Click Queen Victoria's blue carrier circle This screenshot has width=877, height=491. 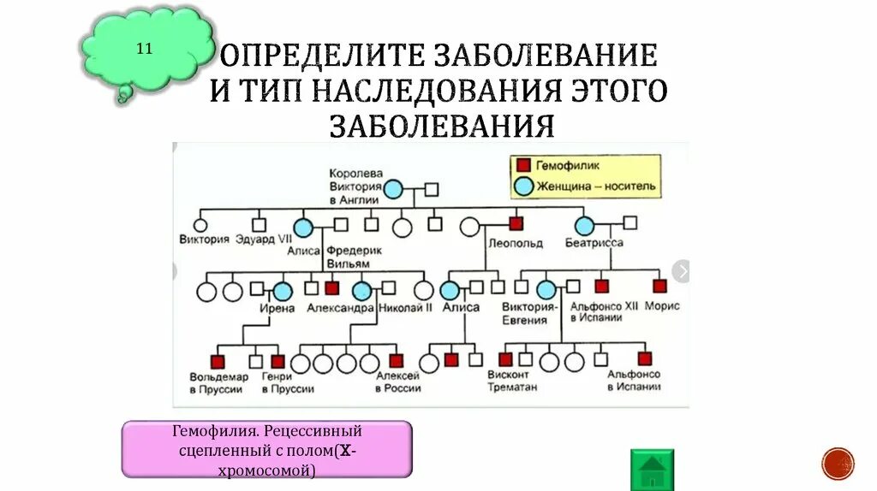(393, 189)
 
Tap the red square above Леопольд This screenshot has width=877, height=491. (516, 223)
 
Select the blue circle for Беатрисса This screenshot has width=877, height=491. (584, 226)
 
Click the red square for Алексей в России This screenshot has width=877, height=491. (396, 360)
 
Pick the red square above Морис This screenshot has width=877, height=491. (659, 287)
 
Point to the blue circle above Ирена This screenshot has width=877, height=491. (282, 291)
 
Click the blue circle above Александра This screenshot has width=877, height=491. (362, 291)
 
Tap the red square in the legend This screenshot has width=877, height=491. (522, 164)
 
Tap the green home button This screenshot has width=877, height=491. (653, 470)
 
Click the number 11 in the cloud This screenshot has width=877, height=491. (144, 48)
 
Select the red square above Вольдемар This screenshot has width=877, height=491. (218, 361)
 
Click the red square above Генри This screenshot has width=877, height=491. (277, 361)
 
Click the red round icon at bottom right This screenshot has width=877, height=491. (838, 464)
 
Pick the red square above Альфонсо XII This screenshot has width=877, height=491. (601, 287)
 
